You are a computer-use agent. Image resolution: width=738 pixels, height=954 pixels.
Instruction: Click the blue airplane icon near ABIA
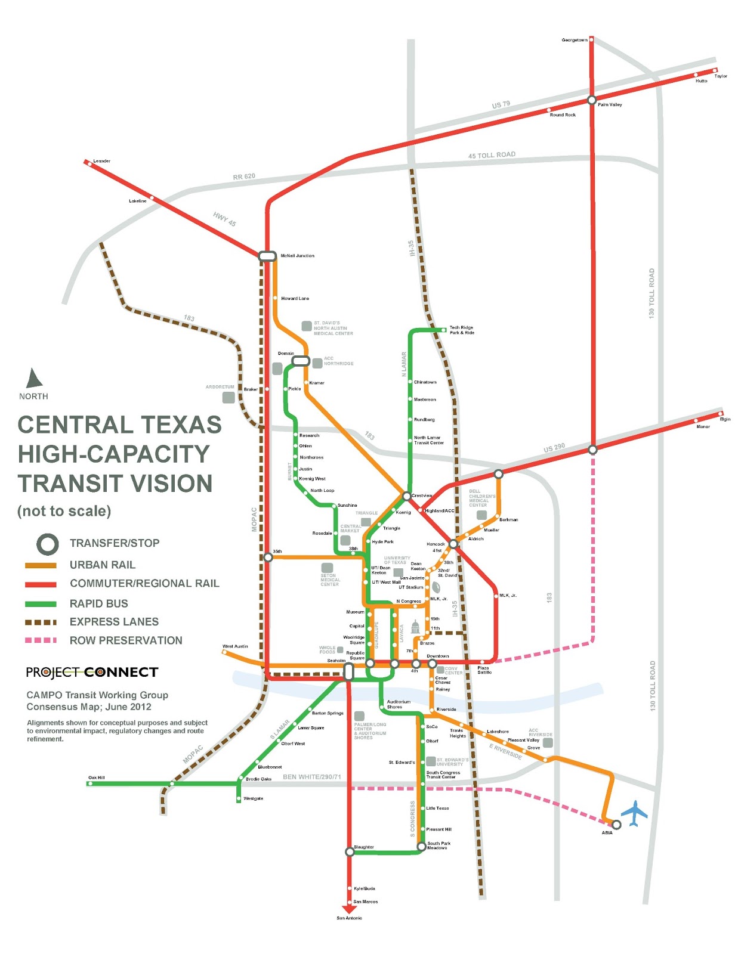pos(634,814)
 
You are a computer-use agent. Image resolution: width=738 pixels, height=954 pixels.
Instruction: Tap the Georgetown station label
pos(574,40)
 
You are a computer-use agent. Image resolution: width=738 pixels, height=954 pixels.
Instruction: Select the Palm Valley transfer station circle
pos(591,100)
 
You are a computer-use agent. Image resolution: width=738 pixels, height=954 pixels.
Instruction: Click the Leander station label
pos(101,161)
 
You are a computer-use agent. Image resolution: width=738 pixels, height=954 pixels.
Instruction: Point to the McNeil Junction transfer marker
pos(267,256)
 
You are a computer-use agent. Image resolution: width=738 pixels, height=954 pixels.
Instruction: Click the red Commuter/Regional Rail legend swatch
pos(41,584)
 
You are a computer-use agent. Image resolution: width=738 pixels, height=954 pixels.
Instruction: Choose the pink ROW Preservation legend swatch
pos(41,640)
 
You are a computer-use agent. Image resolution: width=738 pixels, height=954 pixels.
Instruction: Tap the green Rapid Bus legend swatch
pos(41,603)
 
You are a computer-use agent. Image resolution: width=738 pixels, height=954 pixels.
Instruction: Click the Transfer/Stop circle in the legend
pos(48,543)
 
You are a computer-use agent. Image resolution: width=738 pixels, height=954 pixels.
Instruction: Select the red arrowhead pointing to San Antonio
pos(349,909)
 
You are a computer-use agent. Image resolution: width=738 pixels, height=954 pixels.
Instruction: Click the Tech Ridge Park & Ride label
pos(461,330)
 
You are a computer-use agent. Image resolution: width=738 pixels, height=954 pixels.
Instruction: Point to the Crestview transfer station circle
pos(406,496)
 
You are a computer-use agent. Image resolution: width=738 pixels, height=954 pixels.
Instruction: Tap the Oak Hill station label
pos(97,778)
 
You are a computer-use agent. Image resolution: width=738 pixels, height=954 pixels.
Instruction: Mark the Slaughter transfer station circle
pos(350,852)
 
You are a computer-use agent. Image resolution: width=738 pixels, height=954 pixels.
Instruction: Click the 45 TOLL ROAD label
pos(492,155)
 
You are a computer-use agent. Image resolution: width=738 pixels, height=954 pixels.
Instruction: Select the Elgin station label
pos(725,419)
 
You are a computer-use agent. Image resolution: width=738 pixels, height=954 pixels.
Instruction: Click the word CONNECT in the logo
pos(121,673)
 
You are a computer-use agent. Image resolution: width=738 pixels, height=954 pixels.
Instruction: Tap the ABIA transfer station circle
pos(616,825)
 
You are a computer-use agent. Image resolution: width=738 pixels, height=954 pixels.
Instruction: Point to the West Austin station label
pos(235,646)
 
